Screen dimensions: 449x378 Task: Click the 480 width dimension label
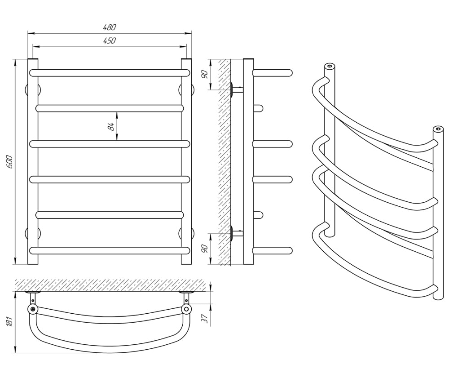pos(110,27)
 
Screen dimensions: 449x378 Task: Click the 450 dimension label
pos(110,41)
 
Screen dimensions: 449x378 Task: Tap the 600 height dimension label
pos(9,162)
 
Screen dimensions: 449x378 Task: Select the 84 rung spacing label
pos(111,126)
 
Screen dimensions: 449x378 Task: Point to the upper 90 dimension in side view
pos(204,74)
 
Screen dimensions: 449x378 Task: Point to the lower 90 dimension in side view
pos(204,249)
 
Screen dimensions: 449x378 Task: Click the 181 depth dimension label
pos(9,321)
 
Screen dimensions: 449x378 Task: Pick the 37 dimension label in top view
pos(204,318)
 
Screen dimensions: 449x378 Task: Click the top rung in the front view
pos(110,73)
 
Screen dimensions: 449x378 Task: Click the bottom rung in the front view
pos(110,251)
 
